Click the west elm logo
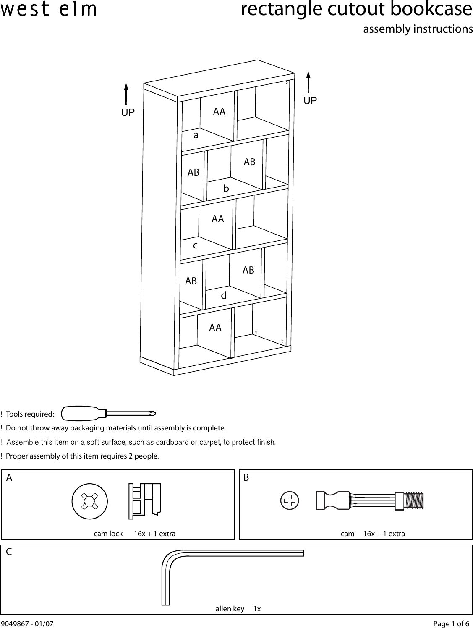tap(48, 10)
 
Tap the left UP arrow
tap(126, 94)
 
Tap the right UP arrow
tap(308, 82)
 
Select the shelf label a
tap(196, 136)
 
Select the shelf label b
tap(226, 189)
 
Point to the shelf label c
tap(195, 245)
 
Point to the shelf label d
tap(224, 296)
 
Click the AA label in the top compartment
tap(219, 112)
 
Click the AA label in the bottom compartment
tap(215, 328)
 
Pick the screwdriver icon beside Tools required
tap(108, 413)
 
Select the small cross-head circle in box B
tap(290, 500)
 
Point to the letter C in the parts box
tap(9, 552)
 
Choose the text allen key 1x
tap(238, 609)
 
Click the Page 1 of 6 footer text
tap(451, 624)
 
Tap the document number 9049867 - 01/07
tap(27, 624)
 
